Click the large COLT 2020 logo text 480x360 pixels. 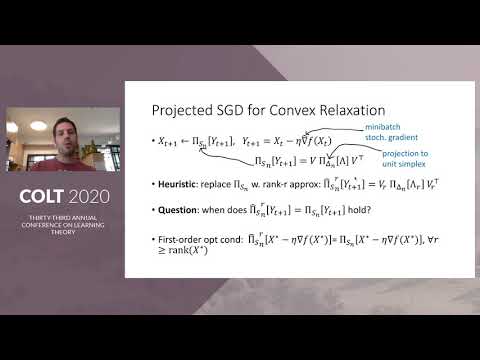pyautogui.click(x=62, y=193)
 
